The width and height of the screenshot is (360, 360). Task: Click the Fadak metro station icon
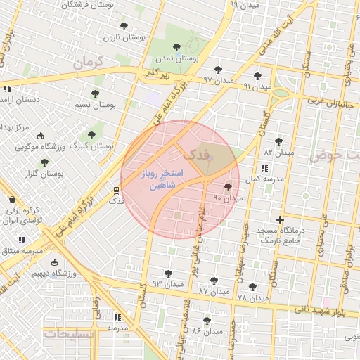point(116,190)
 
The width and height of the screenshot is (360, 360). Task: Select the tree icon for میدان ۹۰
point(227,187)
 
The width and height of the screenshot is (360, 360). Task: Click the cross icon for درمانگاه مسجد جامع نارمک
point(281,220)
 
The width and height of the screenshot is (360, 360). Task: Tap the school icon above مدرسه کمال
point(264,169)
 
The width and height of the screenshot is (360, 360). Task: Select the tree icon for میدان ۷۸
point(253,287)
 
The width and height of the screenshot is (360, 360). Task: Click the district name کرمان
point(87,63)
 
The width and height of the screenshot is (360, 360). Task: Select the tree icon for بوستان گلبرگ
point(91,135)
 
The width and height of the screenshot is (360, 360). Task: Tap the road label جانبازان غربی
point(333,103)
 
